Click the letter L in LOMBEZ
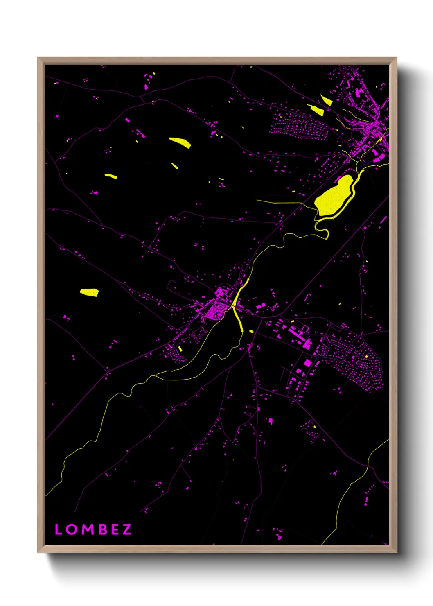pos(58,529)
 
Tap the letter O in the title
pos(71,529)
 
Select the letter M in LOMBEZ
pos(87,529)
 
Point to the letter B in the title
pos(102,529)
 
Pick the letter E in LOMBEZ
pos(115,529)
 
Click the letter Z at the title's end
pos(126,529)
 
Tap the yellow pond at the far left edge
pos(89,292)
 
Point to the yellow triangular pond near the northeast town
pos(326,100)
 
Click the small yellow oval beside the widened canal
pos(251,331)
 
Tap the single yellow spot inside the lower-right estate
pos(366,357)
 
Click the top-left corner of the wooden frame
pos(38,58)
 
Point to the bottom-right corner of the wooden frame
pos(396,552)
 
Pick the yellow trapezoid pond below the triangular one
pos(316,109)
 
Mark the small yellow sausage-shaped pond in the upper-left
pos(111,176)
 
